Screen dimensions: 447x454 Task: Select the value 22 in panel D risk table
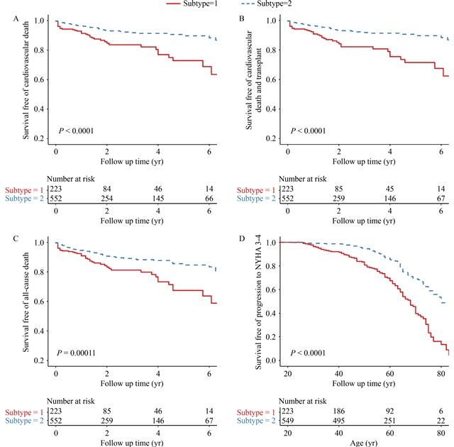tap(441, 422)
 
